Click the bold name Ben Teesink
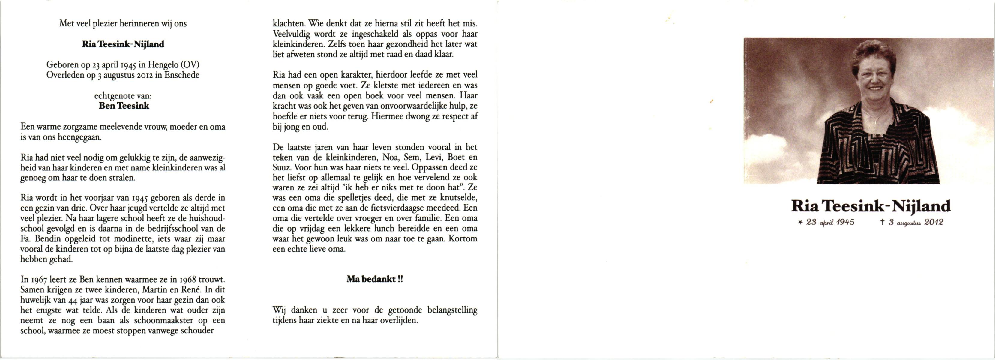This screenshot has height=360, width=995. tap(124, 106)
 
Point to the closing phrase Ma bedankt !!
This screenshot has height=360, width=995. tap(374, 279)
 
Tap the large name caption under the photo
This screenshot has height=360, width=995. tap(871, 206)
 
